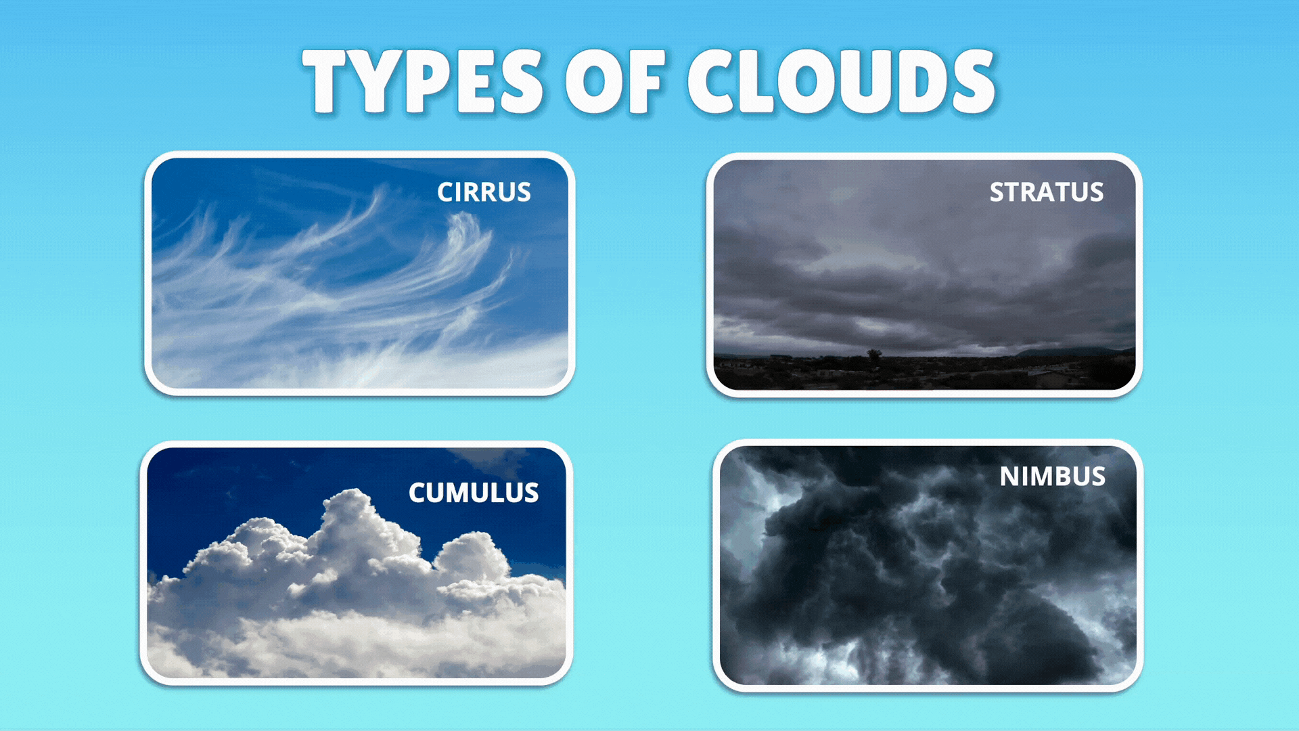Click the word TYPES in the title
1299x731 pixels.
[x=423, y=81]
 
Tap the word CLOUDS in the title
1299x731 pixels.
[x=841, y=81]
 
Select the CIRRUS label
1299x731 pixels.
[x=484, y=192]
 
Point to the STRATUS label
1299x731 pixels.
[x=1047, y=192]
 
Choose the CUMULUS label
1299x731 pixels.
[x=474, y=493]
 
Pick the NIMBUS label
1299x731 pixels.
[x=1053, y=477]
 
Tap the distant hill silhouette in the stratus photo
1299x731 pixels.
[x=1069, y=352]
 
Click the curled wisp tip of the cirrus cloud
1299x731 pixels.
[x=465, y=223]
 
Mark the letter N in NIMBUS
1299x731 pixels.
[x=1010, y=477]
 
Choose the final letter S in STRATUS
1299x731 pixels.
[x=1096, y=192]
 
